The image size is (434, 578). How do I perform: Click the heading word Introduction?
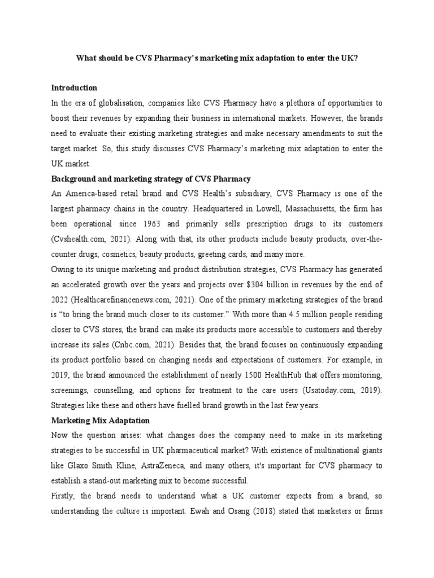(74, 88)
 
